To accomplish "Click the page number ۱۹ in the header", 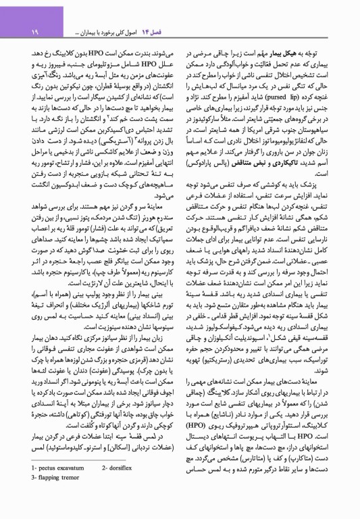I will pos(29,31).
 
